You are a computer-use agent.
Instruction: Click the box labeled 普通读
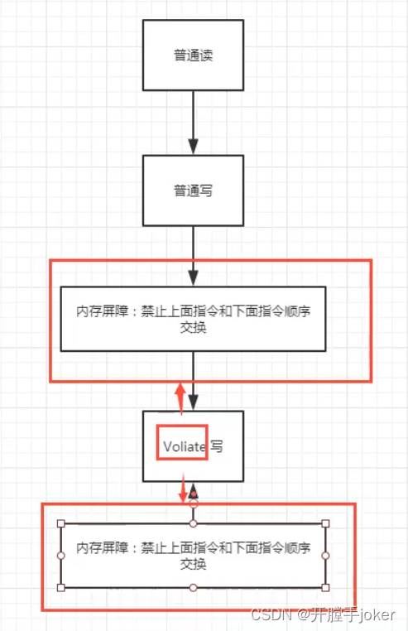pos(193,55)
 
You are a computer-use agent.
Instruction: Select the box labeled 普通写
pos(193,190)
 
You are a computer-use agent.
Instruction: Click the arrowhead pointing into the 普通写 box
pos(193,147)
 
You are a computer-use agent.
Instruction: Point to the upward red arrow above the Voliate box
pos(180,398)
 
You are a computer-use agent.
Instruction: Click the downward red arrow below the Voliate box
pos(184,489)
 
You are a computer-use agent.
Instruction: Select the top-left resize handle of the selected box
pos(61,523)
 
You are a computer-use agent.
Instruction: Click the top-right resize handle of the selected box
pos(325,523)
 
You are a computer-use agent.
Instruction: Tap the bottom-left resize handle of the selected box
pos(61,588)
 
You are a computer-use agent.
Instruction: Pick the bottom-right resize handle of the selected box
pos(325,588)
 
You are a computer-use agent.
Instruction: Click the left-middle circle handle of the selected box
pos(61,556)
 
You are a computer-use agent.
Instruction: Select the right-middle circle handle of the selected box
pos(325,556)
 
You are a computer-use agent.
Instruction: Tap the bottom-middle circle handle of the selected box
pos(193,588)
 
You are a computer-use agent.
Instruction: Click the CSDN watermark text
pos(271,614)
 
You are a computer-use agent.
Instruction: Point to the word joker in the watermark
pos(377,615)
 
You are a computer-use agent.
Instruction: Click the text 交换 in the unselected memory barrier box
pos(193,328)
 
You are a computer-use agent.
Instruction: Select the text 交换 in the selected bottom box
pos(193,564)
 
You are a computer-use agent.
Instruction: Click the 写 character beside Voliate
pos(217,446)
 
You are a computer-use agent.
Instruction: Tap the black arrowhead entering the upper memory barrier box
pos(193,277)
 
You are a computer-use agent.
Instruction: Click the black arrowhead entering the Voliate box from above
pos(193,402)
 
